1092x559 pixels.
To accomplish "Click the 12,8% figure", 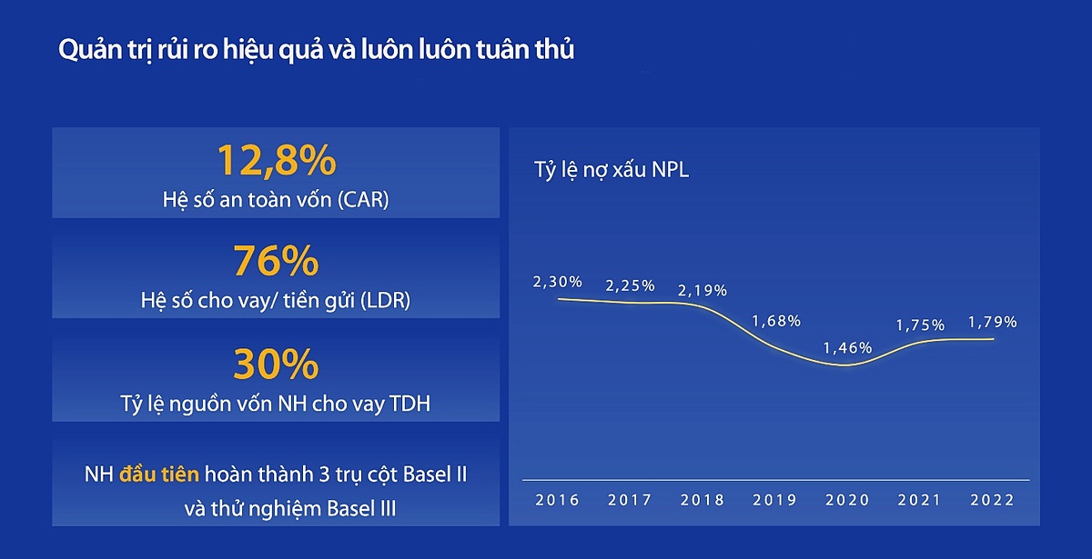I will [x=276, y=161].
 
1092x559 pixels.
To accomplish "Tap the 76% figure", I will [x=276, y=262].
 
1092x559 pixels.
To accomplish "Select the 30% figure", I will [x=276, y=365].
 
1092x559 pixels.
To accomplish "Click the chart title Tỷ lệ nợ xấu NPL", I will [x=611, y=170].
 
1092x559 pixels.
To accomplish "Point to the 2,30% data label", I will [x=557, y=282].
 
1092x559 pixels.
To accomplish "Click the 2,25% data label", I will [x=630, y=285].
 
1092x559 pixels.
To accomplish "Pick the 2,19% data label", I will [x=703, y=291].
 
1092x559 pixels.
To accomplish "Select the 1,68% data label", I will [x=775, y=321].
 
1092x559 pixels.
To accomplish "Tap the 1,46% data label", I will [x=848, y=347].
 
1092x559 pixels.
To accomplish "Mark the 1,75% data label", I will [x=920, y=324].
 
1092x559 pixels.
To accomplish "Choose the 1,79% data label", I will [x=993, y=322].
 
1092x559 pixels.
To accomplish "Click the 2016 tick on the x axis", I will [x=557, y=500].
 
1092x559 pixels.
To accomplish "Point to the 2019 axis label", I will [x=775, y=500].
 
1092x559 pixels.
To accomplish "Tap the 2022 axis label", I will [x=992, y=500].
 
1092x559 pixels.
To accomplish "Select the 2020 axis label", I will [x=848, y=500].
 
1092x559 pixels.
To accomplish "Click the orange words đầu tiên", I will [x=160, y=474].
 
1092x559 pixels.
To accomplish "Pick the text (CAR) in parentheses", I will [x=361, y=200].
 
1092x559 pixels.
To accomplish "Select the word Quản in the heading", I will [x=87, y=52].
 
